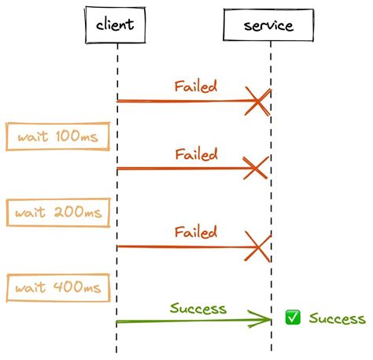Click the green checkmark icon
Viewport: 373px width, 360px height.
pos(293,317)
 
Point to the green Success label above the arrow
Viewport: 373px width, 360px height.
pos(198,308)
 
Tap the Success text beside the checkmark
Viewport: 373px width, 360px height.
pos(337,318)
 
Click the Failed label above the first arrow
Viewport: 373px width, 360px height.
pos(196,87)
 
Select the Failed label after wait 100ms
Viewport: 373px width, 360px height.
pos(196,154)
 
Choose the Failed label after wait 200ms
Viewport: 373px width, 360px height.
pos(196,232)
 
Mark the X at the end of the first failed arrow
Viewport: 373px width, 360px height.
pos(258,102)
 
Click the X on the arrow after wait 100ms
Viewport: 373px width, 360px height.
pos(256,168)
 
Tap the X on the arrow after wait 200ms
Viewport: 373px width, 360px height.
pos(258,247)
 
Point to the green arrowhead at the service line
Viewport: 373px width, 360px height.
pos(260,319)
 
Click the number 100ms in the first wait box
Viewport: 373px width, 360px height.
pos(77,136)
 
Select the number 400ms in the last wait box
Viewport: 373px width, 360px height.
pos(77,287)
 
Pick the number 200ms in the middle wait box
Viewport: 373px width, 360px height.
pos(78,212)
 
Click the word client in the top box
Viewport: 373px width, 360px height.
pos(115,24)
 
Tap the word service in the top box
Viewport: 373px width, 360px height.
pos(268,25)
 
